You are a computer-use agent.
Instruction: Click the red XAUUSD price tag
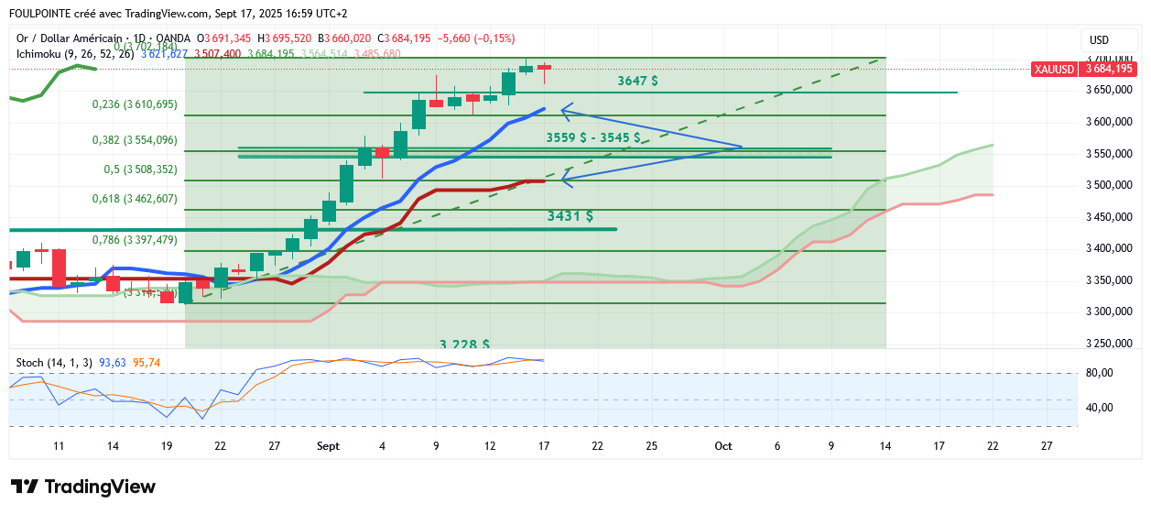[x=1083, y=69]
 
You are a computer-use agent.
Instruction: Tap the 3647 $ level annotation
[x=637, y=81]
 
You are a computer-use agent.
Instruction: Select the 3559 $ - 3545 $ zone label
[x=592, y=137]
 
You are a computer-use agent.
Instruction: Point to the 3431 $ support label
[x=570, y=216]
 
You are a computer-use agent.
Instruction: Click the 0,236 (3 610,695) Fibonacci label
[x=135, y=104]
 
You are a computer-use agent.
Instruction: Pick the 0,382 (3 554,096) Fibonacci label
[x=135, y=140]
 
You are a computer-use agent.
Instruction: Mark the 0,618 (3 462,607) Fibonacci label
[x=135, y=198]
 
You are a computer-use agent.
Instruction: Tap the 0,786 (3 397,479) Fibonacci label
[x=135, y=239]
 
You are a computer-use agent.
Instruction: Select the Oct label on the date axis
[x=723, y=446]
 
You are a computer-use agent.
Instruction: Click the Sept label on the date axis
[x=328, y=446]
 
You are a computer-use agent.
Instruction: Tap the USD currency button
[x=1099, y=40]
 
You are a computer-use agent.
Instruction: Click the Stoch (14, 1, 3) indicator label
[x=54, y=363]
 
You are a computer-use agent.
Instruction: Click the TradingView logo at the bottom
[x=83, y=487]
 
